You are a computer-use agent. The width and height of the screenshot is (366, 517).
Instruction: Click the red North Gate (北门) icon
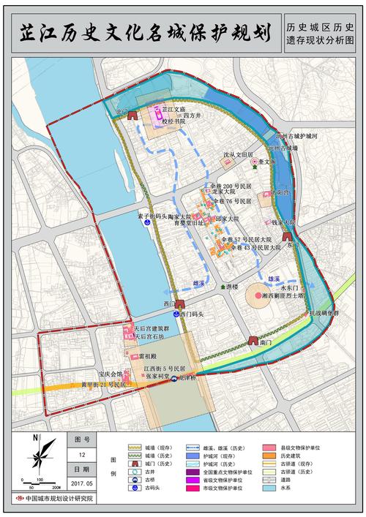click(x=132, y=115)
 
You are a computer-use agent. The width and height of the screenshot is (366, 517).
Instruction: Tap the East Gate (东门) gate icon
click(x=289, y=236)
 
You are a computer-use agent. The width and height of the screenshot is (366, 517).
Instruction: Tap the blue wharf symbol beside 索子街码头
click(x=147, y=225)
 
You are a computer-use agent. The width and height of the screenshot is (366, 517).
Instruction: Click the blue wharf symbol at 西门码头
click(x=164, y=314)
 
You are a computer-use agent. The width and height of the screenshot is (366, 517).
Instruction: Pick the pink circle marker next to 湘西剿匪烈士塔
click(x=258, y=295)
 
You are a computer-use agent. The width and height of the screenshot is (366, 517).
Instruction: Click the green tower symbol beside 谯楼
click(x=221, y=287)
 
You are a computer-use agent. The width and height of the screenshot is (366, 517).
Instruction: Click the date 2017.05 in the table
click(x=83, y=483)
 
